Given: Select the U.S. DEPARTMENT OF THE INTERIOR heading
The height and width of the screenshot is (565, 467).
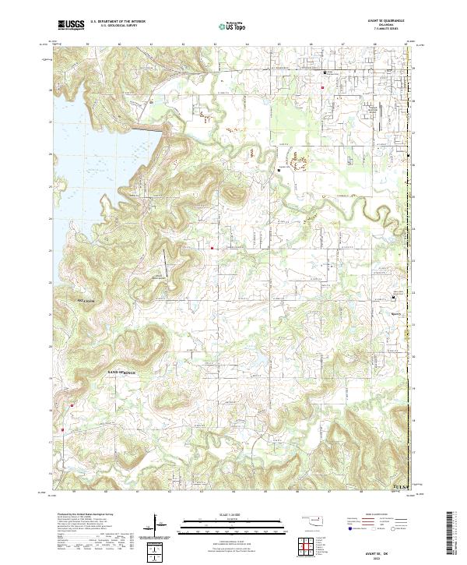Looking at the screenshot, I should point(118,22).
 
